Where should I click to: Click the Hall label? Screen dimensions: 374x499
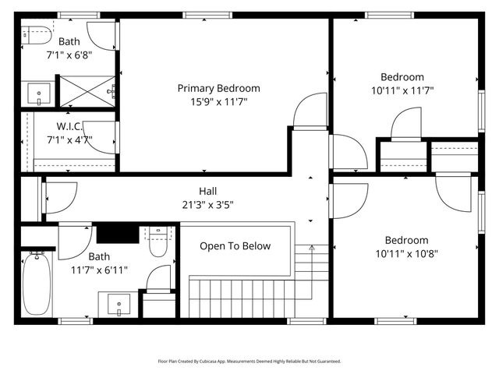[x=207, y=191]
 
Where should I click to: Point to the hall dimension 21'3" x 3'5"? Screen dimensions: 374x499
[x=207, y=205]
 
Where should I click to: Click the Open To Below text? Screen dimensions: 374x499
[x=235, y=246]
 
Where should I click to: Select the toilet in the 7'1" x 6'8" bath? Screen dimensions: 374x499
[x=36, y=35]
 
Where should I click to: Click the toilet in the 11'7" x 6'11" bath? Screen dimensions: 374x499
[x=158, y=242]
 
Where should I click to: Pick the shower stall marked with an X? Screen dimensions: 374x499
[x=87, y=90]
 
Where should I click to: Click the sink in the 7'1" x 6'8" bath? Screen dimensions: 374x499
[x=39, y=94]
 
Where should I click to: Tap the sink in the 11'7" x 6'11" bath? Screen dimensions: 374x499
[x=119, y=302]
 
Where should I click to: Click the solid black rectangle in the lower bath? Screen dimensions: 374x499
[x=116, y=233]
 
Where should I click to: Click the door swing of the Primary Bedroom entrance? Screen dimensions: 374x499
[x=310, y=111]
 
